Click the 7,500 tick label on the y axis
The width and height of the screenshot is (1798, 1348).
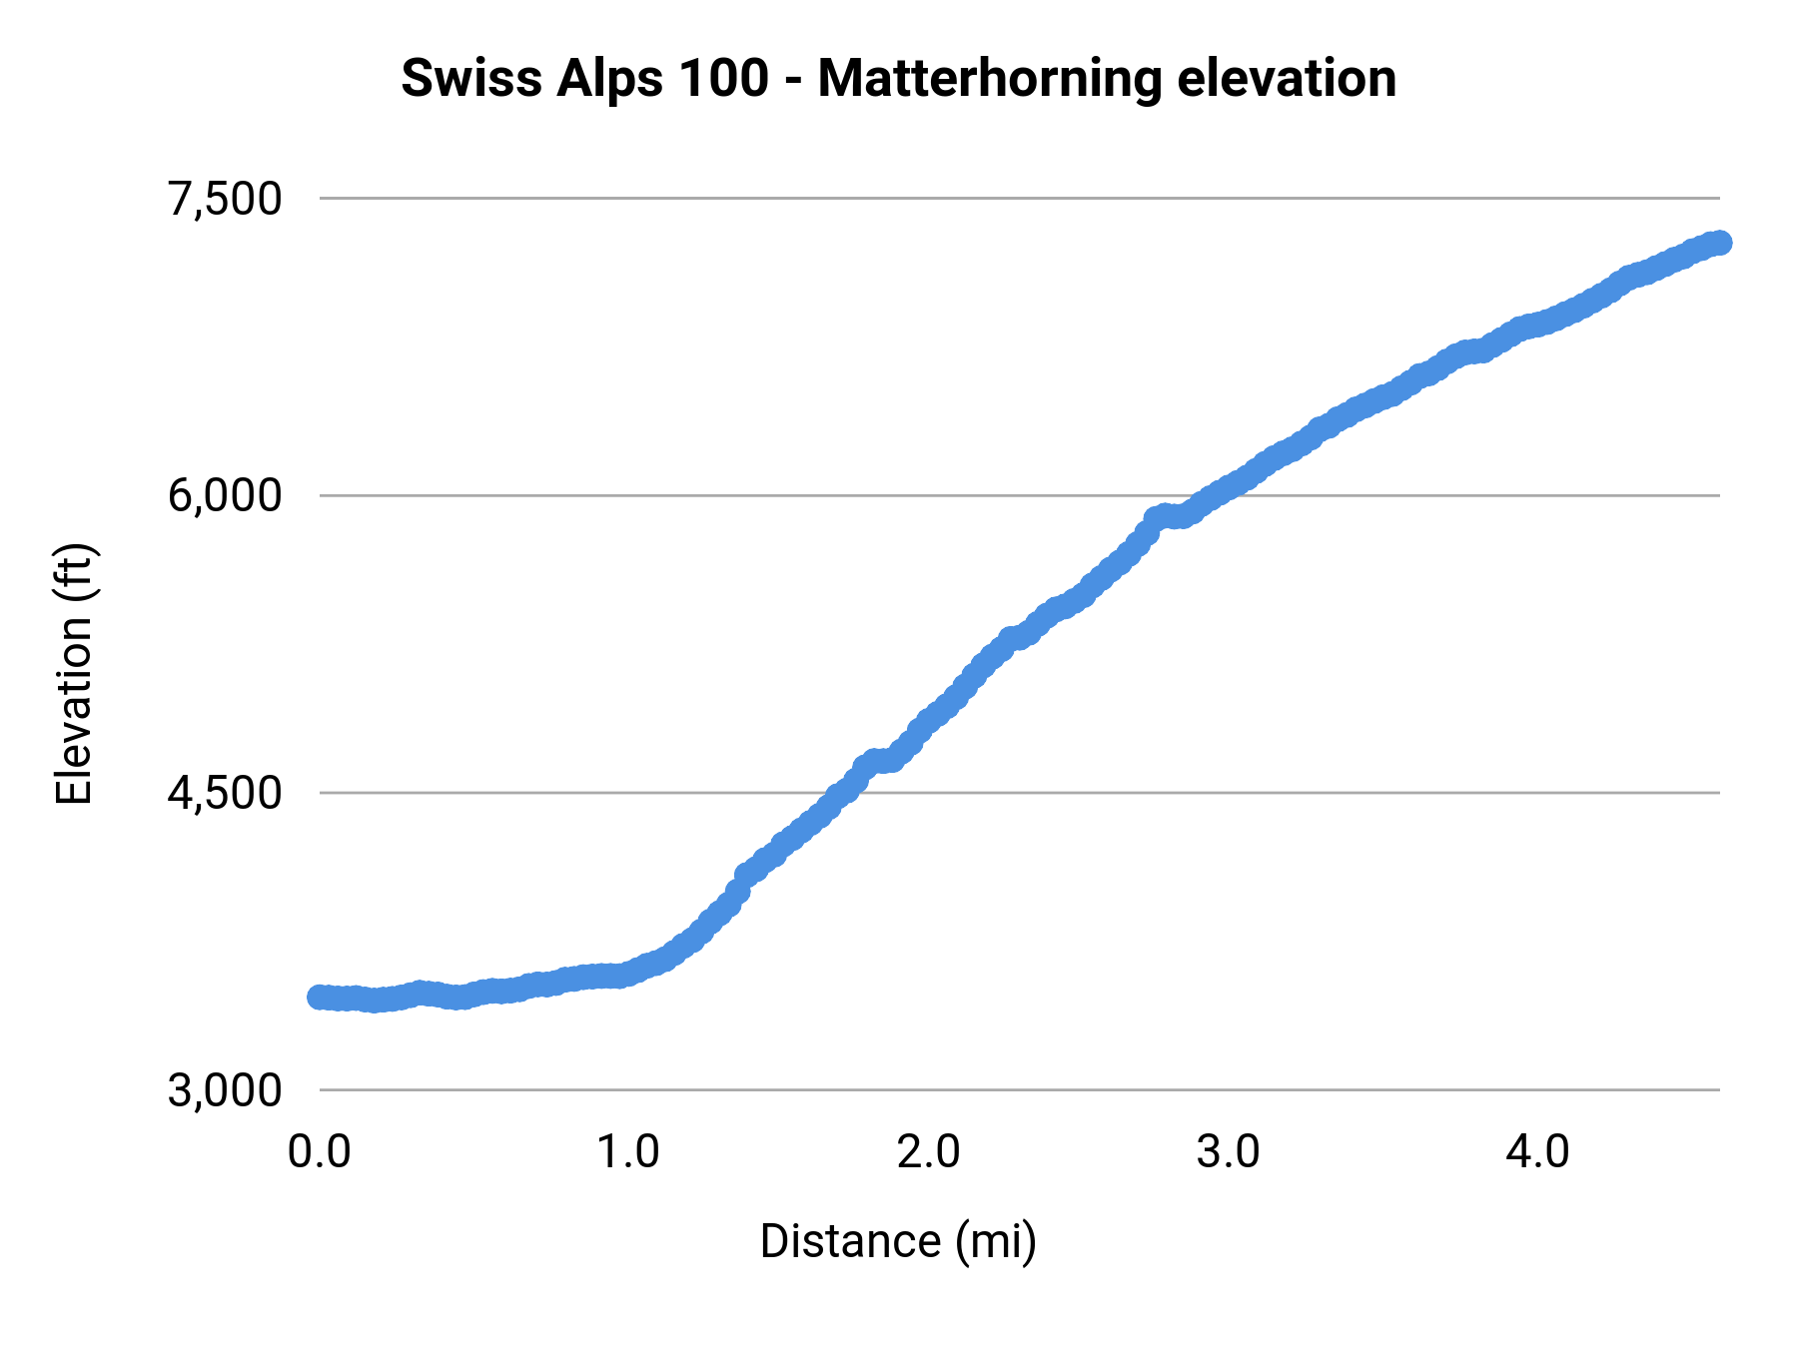(225, 199)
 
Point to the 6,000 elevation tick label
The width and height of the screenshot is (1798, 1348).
(225, 495)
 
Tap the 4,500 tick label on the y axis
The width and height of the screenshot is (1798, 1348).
(225, 793)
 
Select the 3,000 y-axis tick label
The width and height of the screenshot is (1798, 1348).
(225, 1089)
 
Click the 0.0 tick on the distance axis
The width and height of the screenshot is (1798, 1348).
(319, 1152)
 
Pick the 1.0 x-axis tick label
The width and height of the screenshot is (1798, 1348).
(627, 1152)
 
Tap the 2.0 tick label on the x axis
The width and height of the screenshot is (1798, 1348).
(928, 1152)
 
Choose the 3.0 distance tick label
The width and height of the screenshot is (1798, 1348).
(1228, 1152)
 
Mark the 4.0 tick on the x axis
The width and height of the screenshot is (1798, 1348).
(1537, 1152)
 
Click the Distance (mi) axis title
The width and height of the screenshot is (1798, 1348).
(898, 1241)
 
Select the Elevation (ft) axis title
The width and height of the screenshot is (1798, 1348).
(74, 674)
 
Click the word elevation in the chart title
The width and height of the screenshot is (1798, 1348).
(1287, 79)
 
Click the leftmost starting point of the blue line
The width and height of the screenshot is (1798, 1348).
(319, 997)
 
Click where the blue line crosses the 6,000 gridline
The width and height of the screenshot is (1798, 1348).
(1212, 494)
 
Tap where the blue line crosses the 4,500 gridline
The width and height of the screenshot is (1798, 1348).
(840, 793)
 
